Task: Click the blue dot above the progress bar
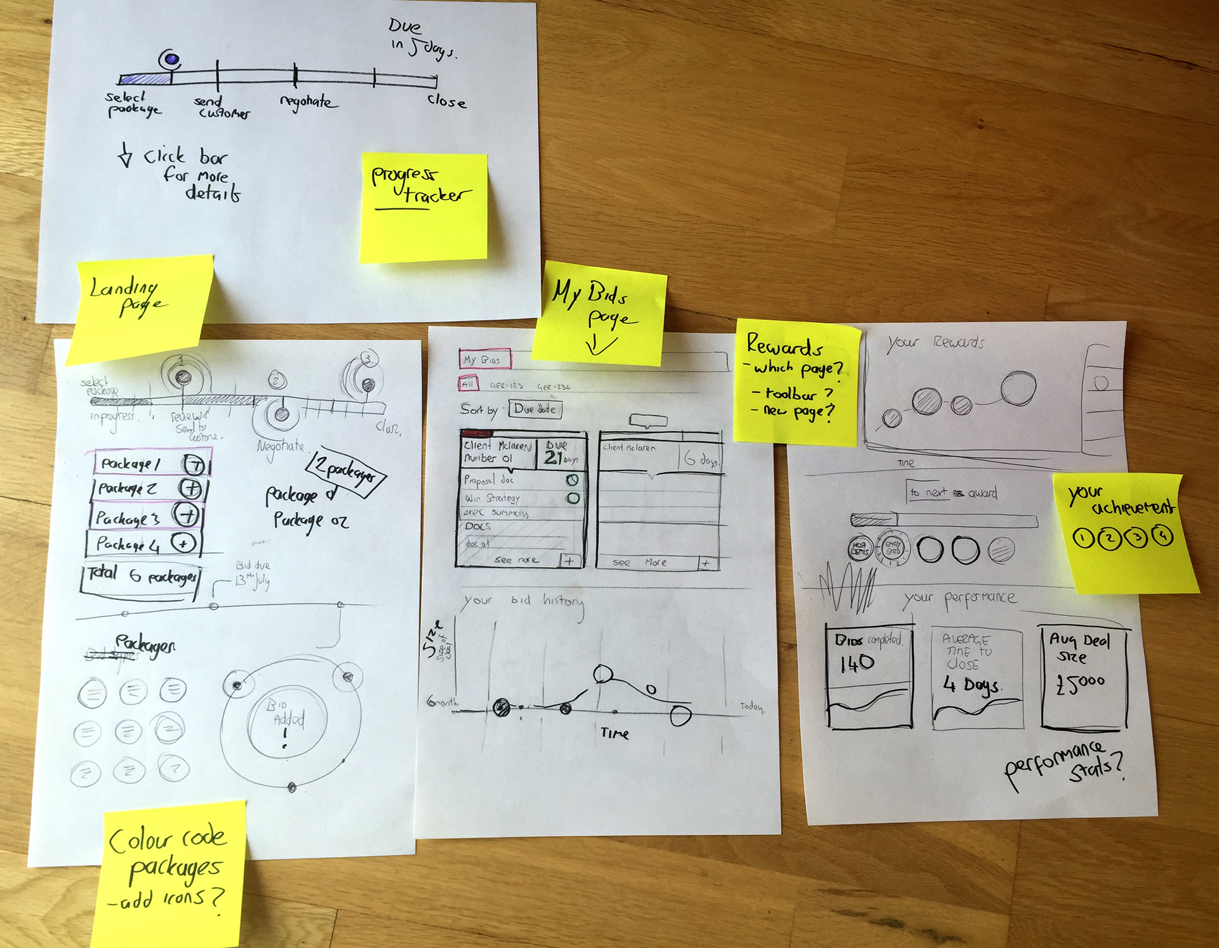(170, 60)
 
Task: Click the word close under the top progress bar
(446, 102)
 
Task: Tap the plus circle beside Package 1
(194, 465)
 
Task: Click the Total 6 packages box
(141, 576)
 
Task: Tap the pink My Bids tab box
(484, 359)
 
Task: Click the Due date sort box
(535, 410)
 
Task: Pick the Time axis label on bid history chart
(614, 733)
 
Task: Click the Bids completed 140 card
(869, 676)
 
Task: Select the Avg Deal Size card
(1084, 676)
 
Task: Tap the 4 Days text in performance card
(971, 684)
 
